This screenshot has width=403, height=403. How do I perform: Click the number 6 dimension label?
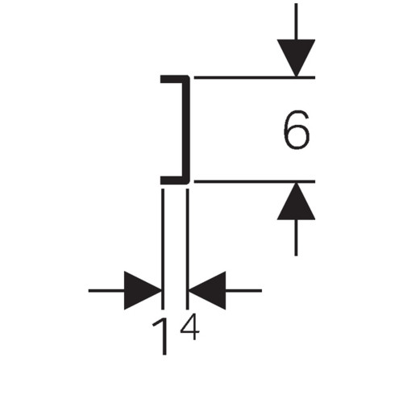297,130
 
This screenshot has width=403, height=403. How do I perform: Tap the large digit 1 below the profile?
162,336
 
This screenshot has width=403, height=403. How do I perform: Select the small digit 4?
190,327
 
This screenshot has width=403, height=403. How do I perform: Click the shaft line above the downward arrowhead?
296,22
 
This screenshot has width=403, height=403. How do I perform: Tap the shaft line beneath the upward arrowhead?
296,238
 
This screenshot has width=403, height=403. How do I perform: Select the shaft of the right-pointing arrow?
106,290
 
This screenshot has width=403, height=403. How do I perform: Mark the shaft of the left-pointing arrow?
243,290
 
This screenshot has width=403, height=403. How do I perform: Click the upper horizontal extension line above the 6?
255,77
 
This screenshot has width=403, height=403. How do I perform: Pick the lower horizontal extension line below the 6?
255,182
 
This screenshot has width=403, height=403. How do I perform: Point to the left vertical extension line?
163,249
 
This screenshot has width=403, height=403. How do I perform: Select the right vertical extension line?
187,249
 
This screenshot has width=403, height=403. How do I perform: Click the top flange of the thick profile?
175,79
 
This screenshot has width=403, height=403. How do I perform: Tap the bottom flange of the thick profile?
175,181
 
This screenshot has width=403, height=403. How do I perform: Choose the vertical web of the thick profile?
187,130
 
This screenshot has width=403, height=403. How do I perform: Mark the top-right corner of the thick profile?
189,77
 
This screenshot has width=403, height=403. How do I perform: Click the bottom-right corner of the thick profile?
189,184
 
